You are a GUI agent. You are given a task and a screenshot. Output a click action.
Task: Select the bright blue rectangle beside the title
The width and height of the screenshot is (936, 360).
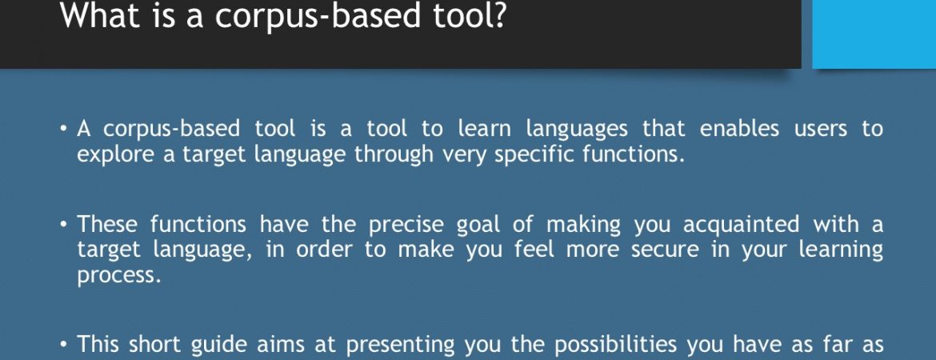(874, 34)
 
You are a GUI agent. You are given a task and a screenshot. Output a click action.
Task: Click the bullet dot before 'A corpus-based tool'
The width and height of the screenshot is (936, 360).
(65, 129)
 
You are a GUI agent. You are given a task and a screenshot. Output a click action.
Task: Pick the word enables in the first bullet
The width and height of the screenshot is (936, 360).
(739, 129)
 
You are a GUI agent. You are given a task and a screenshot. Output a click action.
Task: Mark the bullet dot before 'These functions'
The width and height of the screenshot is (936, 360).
(65, 225)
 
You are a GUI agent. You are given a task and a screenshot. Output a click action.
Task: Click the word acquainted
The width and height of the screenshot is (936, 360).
(741, 225)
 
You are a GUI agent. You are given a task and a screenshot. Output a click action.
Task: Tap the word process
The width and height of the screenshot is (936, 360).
(118, 275)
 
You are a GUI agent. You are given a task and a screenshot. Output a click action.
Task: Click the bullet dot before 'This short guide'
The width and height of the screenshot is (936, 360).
(65, 345)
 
